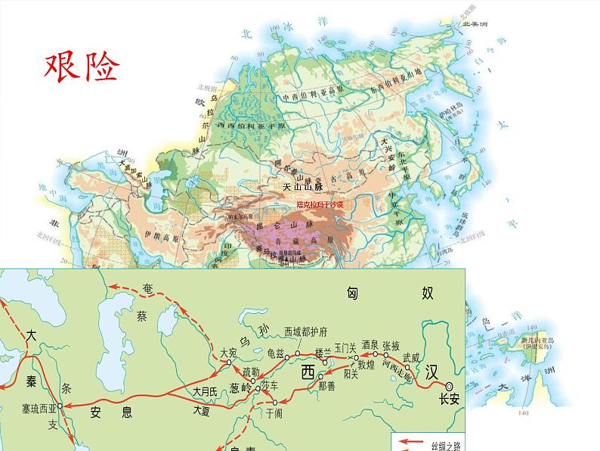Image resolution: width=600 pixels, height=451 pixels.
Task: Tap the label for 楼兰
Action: pyautogui.click(x=323, y=353)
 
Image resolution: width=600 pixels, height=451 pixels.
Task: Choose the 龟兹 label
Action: pyautogui.click(x=277, y=353)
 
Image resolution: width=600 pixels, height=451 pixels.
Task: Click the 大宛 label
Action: pyautogui.click(x=230, y=353)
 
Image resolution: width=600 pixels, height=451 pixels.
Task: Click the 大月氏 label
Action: pyautogui.click(x=204, y=392)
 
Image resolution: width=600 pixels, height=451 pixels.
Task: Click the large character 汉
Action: pyautogui.click(x=431, y=372)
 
